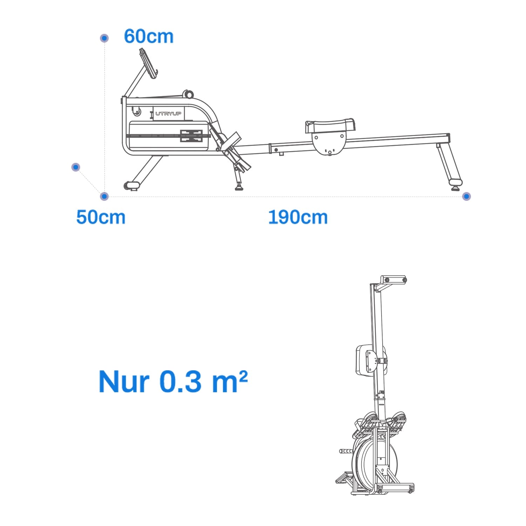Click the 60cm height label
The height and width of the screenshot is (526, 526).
pos(149,36)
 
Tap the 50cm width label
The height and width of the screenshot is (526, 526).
pos(101,217)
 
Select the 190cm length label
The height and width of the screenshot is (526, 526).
pos(298,217)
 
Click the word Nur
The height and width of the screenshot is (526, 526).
pos(124,382)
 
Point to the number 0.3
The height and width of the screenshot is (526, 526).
pos(181,382)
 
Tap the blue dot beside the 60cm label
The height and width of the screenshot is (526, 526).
pos(104,38)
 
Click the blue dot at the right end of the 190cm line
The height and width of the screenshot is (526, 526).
pos(466,196)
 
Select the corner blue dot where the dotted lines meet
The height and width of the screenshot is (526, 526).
pos(104,196)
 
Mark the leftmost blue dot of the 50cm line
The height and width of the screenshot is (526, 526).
pos(76,167)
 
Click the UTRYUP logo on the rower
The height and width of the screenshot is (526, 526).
pos(168,114)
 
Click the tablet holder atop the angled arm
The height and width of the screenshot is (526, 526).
pos(148,63)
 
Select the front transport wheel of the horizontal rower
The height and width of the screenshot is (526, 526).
pos(131,185)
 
